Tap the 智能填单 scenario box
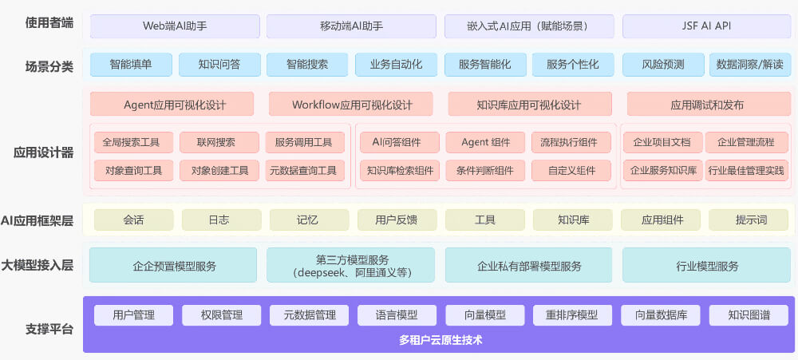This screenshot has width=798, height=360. click(131, 65)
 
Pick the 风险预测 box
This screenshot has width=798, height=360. click(663, 65)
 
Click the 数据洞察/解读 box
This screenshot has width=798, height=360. click(750, 65)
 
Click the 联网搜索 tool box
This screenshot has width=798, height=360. click(218, 143)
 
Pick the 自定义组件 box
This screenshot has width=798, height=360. click(572, 170)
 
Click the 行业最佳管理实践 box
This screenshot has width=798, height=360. click(746, 170)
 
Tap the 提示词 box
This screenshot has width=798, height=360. click(749, 220)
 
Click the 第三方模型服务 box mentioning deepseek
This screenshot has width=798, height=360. click(351, 265)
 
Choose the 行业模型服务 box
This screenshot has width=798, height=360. click(707, 265)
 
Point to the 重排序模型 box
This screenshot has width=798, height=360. click(571, 315)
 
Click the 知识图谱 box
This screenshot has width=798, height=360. click(749, 315)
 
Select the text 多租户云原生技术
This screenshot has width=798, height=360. click(441, 341)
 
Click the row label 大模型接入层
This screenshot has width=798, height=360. click(38, 264)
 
